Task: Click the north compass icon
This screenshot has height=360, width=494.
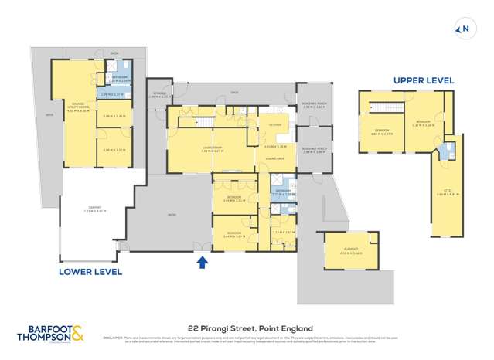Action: [x=464, y=29]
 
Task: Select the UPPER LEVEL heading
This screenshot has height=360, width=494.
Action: [x=424, y=80]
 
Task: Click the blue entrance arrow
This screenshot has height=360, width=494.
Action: [x=202, y=263]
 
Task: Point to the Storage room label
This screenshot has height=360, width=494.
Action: [x=158, y=95]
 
